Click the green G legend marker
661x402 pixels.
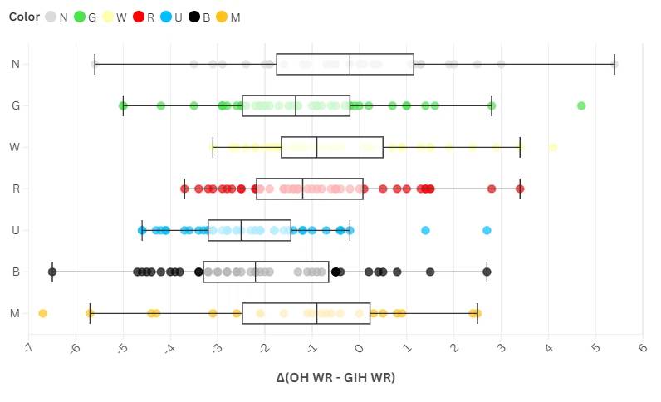coord(81,17)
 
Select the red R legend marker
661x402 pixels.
coord(139,17)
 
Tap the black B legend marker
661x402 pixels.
coord(194,17)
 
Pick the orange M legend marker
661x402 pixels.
coord(221,17)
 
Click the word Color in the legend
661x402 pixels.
coord(24,17)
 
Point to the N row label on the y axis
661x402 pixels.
coord(16,64)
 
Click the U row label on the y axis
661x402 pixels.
coord(16,230)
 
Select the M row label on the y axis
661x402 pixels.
coord(16,313)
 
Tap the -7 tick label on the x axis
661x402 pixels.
coord(29,348)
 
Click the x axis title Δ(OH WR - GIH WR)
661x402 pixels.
coord(335,378)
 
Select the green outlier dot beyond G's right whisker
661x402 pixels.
coord(581,105)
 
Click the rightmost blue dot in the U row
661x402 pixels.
coord(487,230)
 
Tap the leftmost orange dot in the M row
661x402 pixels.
coord(43,313)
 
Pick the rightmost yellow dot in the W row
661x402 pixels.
coord(553,147)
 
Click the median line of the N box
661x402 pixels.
coord(350,64)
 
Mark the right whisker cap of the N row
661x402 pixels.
coord(614,64)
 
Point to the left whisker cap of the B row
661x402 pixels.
coord(52,272)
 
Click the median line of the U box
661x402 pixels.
coord(241,230)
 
